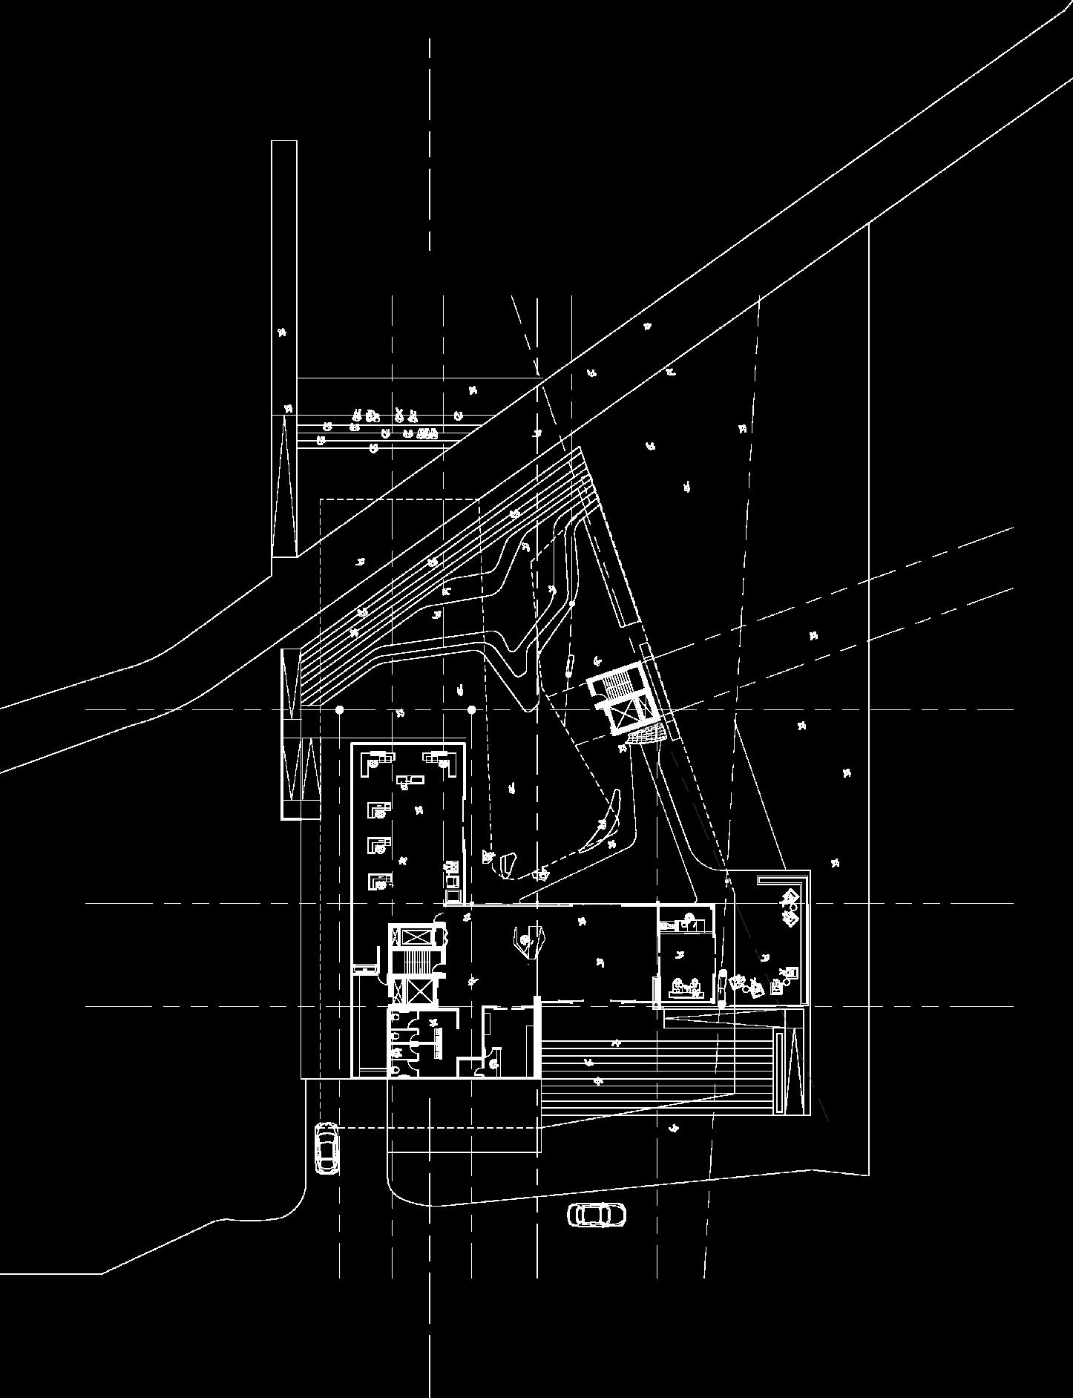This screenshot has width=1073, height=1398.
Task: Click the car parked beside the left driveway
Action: point(327,1148)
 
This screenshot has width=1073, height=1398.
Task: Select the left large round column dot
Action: point(340,710)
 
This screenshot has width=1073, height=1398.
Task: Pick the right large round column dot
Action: point(471,710)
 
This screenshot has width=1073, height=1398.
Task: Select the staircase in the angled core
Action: point(614,683)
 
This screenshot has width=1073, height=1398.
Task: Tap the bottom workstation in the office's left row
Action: point(379,881)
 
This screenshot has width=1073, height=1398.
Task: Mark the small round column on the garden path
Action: point(571,605)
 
